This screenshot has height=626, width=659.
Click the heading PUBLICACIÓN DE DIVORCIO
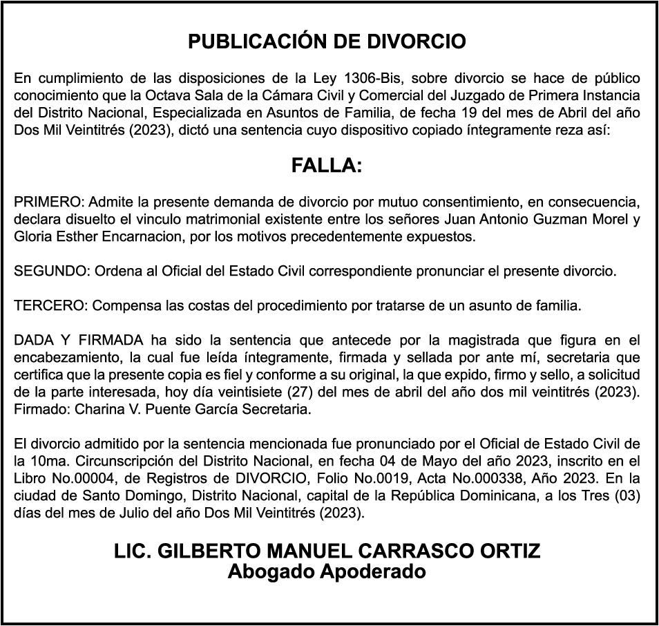pos(327,42)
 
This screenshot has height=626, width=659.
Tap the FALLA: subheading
pos(327,166)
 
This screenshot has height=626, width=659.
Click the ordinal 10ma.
pos(44,461)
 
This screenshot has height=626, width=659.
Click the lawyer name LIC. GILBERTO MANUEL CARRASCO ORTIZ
pos(327,551)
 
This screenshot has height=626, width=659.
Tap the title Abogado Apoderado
pos(327,571)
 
